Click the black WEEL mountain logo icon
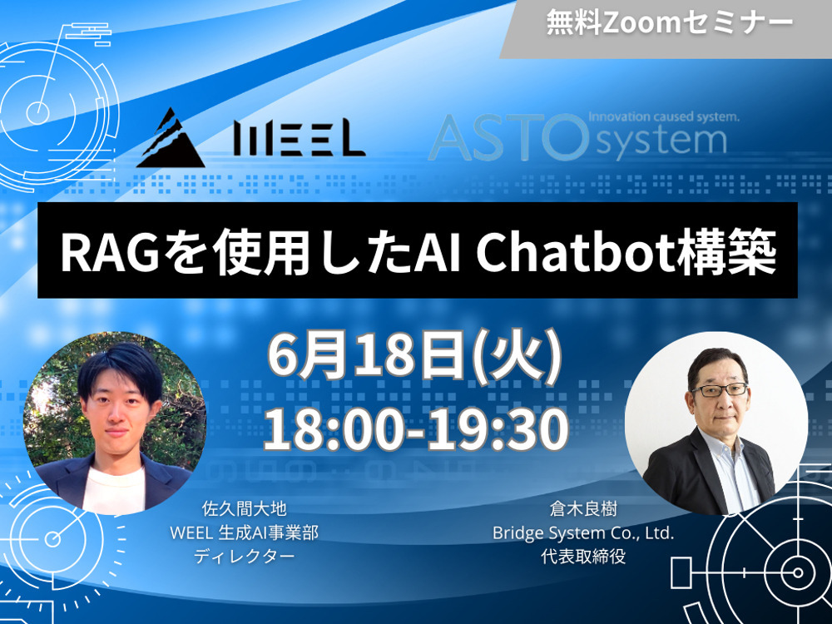[x=171, y=138]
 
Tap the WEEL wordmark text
[x=300, y=139]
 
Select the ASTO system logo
[x=584, y=135]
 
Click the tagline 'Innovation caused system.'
[x=664, y=116]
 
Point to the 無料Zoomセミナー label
[x=670, y=23]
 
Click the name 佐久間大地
[x=245, y=509]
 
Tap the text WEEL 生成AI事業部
[x=244, y=532]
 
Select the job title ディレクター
[x=244, y=557]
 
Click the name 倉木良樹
[x=583, y=509]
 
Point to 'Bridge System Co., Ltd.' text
[x=583, y=532]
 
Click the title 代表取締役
[x=583, y=557]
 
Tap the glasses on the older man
[x=720, y=390]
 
